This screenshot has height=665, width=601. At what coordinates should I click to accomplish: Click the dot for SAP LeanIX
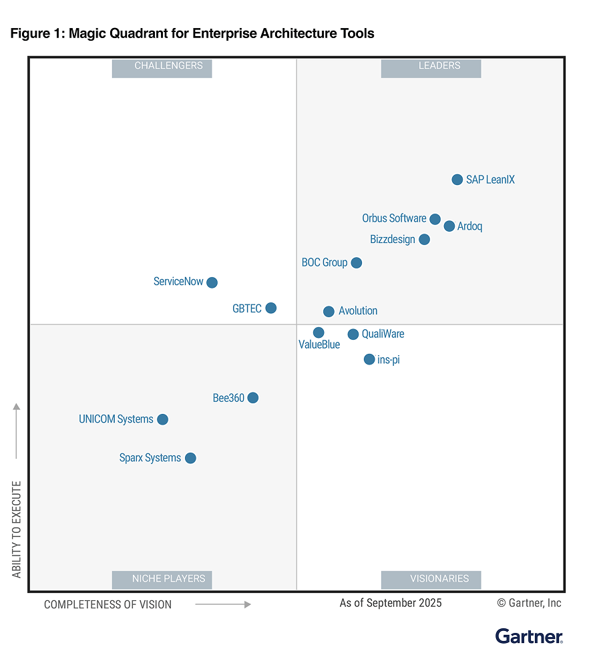click(457, 180)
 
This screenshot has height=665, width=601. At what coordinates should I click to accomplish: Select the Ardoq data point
click(449, 226)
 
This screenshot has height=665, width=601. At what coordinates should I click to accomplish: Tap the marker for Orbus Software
click(435, 219)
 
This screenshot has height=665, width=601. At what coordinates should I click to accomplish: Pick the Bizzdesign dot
click(424, 239)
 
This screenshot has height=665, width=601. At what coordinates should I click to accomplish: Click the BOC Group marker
click(357, 263)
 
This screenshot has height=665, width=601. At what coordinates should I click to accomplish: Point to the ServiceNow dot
click(212, 282)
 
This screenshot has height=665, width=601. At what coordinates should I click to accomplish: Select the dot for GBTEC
click(270, 308)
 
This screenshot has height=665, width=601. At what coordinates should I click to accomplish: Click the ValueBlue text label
click(319, 345)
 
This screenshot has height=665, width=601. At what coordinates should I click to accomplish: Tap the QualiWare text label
click(383, 334)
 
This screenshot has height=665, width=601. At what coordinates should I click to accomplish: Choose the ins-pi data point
click(369, 359)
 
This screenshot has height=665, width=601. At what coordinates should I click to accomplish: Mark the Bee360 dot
click(252, 398)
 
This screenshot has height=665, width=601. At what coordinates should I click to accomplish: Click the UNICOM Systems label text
click(116, 419)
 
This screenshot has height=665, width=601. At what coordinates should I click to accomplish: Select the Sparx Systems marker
click(190, 458)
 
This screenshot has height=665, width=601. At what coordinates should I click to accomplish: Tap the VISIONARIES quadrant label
click(431, 579)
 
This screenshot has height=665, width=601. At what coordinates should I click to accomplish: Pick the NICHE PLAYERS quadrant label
click(162, 579)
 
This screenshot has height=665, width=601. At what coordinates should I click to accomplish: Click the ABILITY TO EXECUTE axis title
click(17, 529)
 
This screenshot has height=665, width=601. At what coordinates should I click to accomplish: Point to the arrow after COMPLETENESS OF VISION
click(223, 604)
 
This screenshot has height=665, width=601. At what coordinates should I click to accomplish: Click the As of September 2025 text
click(391, 603)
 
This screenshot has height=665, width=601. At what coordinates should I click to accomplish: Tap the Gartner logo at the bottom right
click(529, 636)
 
